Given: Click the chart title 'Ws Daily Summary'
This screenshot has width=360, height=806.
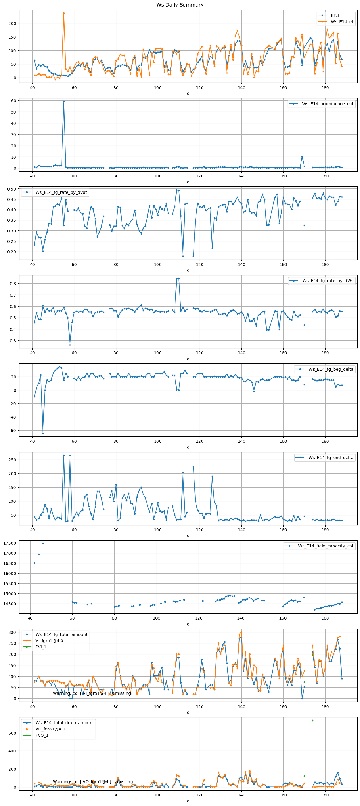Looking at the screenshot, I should coord(180,5).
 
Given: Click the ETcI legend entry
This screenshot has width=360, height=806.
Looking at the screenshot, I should coord(334,15).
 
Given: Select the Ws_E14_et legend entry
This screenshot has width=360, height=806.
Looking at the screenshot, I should coord(342,22).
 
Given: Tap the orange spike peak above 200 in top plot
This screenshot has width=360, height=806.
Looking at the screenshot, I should coord(64,13).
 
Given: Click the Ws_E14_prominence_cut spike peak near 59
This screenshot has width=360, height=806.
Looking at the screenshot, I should coord(64,101).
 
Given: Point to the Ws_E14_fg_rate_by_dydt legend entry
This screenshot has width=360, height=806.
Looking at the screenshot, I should coord(61,192).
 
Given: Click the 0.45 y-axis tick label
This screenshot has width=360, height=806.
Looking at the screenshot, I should coord(12,199).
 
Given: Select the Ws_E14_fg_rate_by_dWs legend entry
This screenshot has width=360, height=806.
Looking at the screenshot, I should coord(328,281).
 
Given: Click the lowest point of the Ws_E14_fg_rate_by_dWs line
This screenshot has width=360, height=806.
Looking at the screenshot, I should coord(70,345).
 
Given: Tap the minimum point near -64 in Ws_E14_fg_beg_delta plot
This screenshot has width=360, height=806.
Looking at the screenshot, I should coord(43,433).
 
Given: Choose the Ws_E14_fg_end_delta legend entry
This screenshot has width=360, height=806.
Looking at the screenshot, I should coord(331,458).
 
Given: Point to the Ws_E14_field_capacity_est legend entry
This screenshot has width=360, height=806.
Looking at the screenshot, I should coord(325,546).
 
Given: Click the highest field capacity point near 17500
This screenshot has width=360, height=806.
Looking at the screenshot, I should coord(43,543).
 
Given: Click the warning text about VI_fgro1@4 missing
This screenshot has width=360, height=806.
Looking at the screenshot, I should coord(92,693).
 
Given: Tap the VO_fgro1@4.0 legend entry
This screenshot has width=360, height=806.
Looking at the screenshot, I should coord(50,729).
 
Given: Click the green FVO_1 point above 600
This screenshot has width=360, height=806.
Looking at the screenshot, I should coord(312,721).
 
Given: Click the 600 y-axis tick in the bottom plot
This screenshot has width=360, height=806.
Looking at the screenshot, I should coord(12,733).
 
